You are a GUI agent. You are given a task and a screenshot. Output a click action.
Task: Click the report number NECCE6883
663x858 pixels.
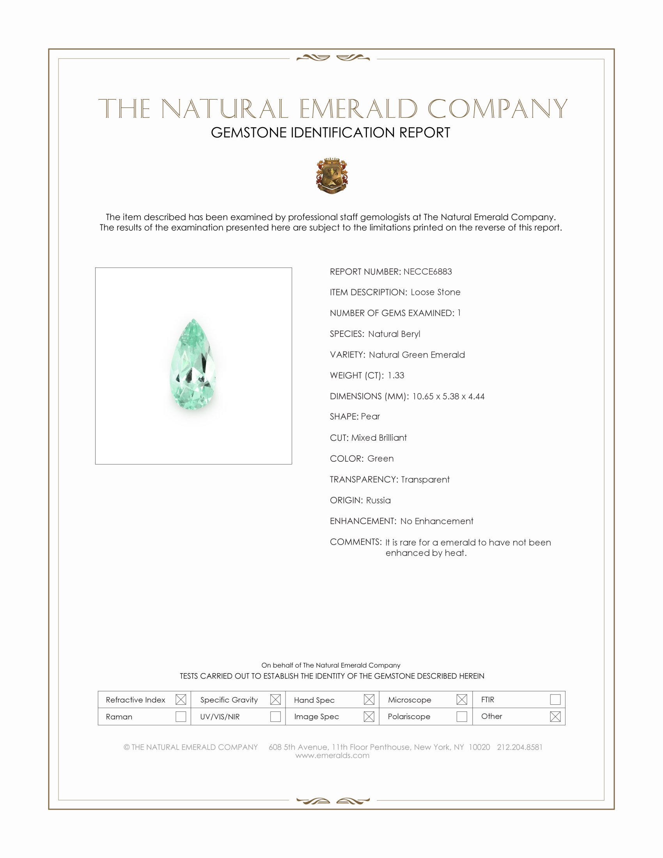(427, 271)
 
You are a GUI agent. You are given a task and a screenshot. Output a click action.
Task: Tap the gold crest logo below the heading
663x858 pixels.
(332, 175)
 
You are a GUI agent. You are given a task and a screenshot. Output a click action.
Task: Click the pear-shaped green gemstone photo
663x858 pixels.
(193, 365)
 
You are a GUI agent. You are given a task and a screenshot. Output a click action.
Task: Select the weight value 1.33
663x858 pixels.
(395, 375)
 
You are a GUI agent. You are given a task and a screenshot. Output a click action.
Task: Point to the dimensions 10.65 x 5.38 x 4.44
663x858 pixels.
(448, 396)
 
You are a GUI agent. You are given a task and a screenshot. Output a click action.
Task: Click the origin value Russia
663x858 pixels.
(378, 500)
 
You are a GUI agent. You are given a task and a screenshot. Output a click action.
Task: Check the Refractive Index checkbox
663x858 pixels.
(181, 700)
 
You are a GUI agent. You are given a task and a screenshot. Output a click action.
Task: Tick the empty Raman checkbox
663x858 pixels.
(181, 716)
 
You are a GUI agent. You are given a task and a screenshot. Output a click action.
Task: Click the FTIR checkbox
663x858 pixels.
(555, 700)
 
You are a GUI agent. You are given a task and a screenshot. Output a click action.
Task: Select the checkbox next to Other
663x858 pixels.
(555, 716)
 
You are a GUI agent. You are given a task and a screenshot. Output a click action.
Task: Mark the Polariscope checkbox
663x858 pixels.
(462, 716)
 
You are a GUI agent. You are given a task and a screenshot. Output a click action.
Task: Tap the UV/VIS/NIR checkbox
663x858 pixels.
(275, 716)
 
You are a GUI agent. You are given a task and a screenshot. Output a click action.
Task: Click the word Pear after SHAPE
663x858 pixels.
(370, 417)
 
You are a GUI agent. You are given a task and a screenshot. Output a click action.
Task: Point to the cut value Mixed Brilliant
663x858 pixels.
(379, 438)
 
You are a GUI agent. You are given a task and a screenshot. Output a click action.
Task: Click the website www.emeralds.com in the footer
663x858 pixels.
(332, 755)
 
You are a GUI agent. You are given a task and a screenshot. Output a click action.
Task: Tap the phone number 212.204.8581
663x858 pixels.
(519, 747)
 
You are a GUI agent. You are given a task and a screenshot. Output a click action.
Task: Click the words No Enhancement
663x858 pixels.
(437, 521)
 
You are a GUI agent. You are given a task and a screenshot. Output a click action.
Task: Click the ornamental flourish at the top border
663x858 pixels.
(333, 58)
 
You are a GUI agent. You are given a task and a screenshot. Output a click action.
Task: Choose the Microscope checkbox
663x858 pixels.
(462, 700)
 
